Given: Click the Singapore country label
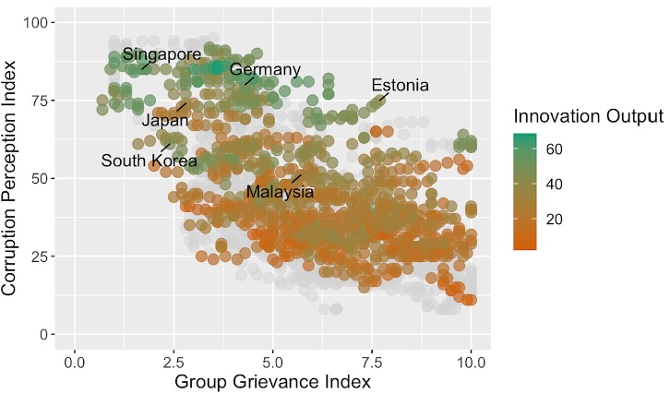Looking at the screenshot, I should [x=162, y=54].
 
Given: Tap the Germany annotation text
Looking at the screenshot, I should [x=266, y=70].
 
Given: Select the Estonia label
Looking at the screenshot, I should [x=400, y=86].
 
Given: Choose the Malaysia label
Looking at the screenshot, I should [x=280, y=193].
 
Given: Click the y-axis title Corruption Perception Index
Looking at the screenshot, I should [x=12, y=177].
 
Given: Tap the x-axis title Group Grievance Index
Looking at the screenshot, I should [x=273, y=381].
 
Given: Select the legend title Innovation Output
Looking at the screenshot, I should [x=589, y=116].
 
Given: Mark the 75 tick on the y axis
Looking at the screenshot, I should [x=43, y=100].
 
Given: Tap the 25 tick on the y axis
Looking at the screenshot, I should [x=43, y=256].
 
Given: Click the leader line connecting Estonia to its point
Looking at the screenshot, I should [x=385, y=96].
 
